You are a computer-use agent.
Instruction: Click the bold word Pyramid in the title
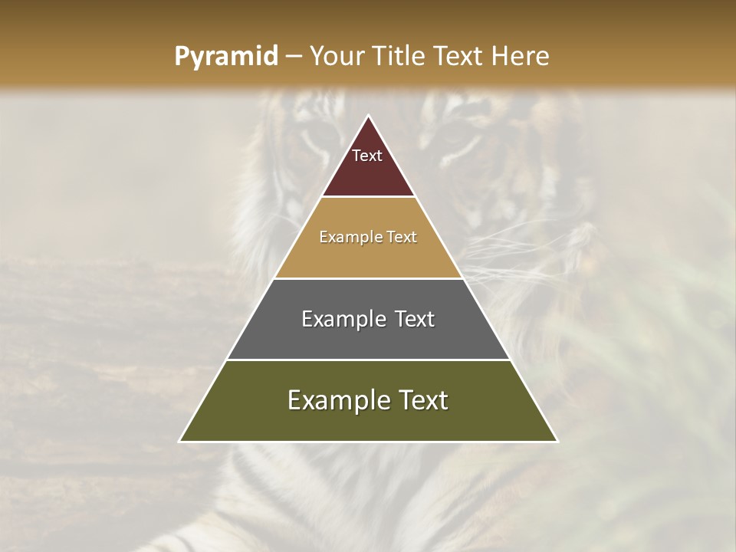(226, 57)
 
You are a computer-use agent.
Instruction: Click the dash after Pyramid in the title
(293, 57)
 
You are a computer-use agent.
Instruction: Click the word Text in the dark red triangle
(367, 156)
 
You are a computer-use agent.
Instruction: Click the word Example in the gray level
(338, 319)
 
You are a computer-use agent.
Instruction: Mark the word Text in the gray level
(415, 319)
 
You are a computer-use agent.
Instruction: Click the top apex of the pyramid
(369, 117)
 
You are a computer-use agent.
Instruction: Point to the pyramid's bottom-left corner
(180, 441)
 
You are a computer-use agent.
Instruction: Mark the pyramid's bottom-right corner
(557, 441)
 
